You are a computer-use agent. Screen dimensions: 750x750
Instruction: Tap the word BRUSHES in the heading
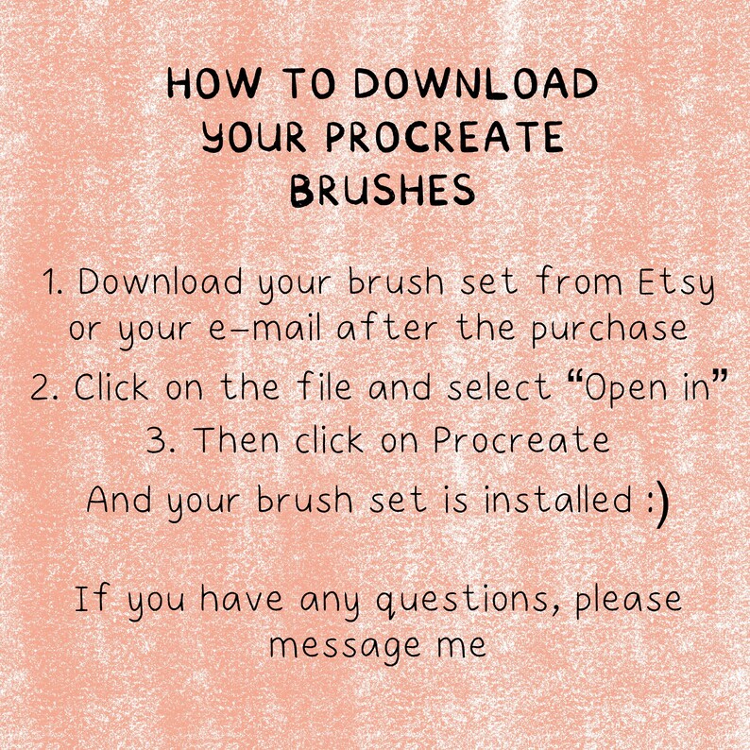click(383, 193)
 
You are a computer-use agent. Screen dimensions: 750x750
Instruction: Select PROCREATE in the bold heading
click(444, 139)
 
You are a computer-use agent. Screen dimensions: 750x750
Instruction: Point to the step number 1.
click(52, 282)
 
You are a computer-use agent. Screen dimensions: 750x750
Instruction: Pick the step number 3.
click(158, 441)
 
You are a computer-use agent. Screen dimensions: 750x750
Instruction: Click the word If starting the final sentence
click(90, 599)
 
